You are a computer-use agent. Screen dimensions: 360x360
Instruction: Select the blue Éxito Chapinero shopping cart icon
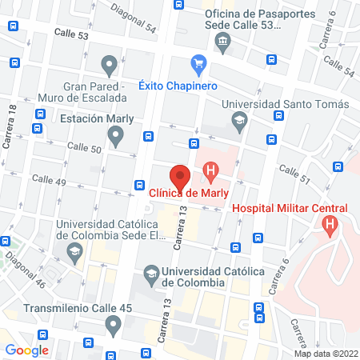point(198,64)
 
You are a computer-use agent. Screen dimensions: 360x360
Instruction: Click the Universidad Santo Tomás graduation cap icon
point(238,122)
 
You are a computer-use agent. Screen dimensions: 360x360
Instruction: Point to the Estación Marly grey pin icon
point(116,138)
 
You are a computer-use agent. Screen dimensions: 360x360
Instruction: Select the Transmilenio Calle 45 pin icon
point(113,325)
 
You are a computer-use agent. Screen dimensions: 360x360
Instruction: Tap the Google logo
point(26,350)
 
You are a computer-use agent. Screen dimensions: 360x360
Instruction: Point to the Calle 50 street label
point(84,149)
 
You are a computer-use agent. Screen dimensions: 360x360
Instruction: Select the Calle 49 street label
point(48,182)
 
